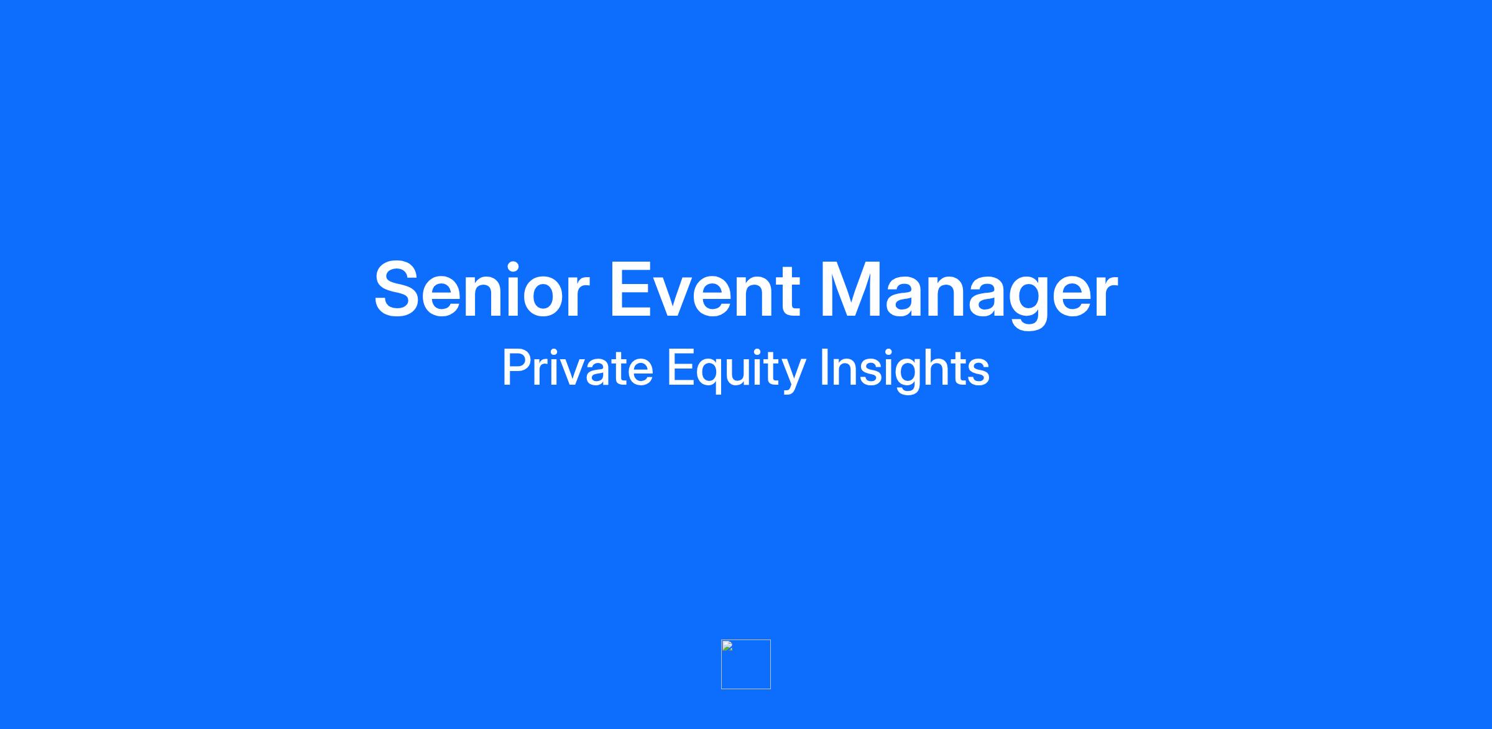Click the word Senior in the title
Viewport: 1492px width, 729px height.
(482, 290)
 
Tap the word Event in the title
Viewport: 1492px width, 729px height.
(704, 290)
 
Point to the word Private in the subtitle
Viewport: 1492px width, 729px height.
(578, 368)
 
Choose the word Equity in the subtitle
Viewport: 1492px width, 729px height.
(737, 370)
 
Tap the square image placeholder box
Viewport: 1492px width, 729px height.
(746, 664)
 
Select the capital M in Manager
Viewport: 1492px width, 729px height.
(849, 290)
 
